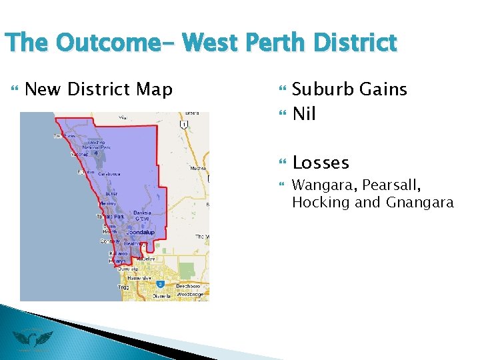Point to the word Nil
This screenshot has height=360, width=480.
tap(304, 114)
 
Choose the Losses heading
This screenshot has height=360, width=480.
tap(321, 163)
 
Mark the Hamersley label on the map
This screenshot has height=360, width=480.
tap(140, 277)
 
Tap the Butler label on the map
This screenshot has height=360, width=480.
tap(111, 193)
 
